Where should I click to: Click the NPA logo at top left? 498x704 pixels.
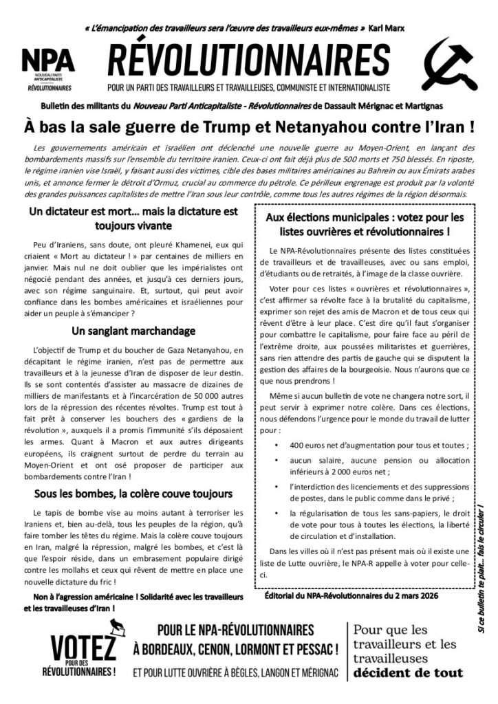coord(47,69)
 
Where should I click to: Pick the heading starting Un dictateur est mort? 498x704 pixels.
coord(133,218)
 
